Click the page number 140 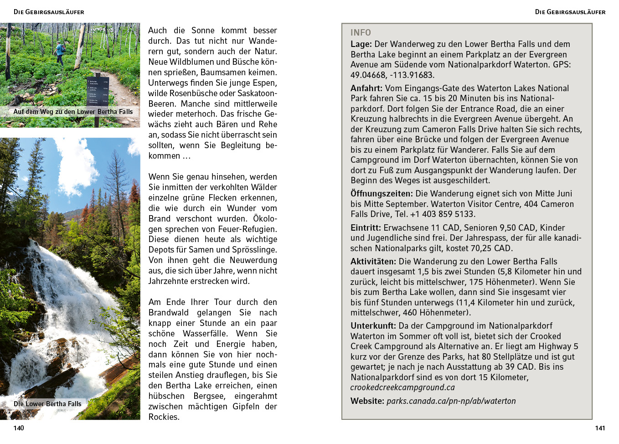(19, 428)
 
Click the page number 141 (600, 428)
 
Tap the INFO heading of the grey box (361, 33)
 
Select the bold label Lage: (361, 44)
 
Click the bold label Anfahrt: (366, 88)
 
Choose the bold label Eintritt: (366, 228)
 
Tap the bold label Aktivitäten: (373, 262)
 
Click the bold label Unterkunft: (373, 326)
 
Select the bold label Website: (367, 401)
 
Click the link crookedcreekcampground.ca (402, 387)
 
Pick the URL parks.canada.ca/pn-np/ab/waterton (451, 401)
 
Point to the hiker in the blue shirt (60, 52)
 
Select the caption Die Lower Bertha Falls (47, 404)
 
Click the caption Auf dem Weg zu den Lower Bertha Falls (73, 112)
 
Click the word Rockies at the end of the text (163, 417)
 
